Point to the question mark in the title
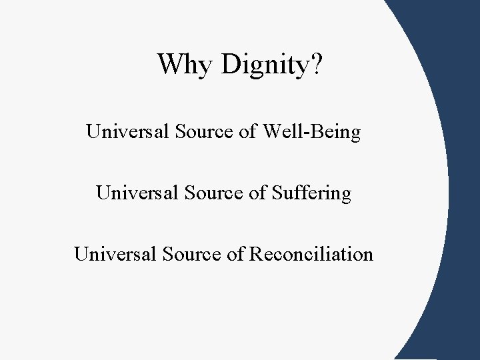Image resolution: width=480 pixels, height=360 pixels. point(315,64)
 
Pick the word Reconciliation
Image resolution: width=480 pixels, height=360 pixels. point(311,254)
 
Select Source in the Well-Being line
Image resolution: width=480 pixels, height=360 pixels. point(201,132)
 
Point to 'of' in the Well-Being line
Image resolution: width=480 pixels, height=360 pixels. point(247,132)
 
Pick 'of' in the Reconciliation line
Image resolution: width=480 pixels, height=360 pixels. point(235,254)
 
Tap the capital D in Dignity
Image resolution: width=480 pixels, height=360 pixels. point(230,64)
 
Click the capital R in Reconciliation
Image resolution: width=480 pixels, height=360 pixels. point(255,254)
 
